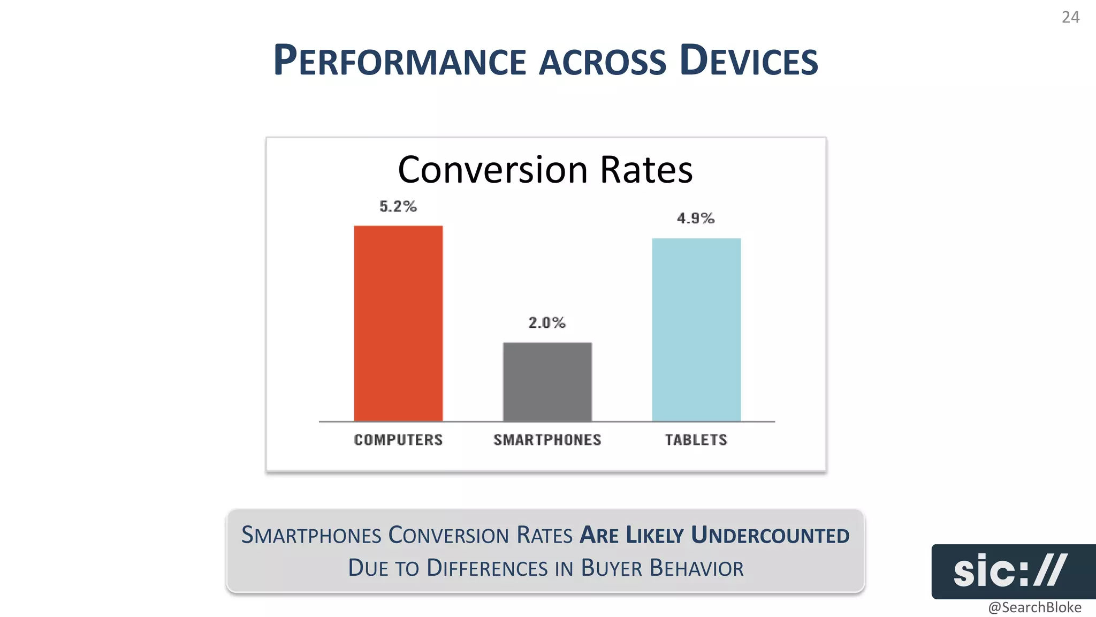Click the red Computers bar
coord(398,323)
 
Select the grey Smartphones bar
coord(547,382)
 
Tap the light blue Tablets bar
coord(696,329)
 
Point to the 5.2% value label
coord(398,207)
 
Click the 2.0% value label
coord(546,323)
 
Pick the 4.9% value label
coord(695,219)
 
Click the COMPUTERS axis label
coord(398,440)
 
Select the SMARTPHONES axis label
coord(547,440)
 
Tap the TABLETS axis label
coord(696,440)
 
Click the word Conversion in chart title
coord(493,170)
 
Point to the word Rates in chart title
coord(646,170)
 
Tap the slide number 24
coord(1070,18)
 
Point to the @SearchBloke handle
coord(1034,607)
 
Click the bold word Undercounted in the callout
coord(770,536)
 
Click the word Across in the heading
coord(603,62)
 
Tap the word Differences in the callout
coord(488,568)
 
